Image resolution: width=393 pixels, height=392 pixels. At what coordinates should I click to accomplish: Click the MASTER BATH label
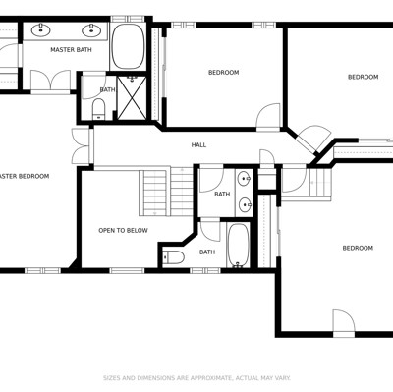coord(71,50)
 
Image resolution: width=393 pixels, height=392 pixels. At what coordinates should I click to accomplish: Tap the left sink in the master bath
coord(41,30)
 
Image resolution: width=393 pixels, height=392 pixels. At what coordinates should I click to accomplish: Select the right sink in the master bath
coord(91,30)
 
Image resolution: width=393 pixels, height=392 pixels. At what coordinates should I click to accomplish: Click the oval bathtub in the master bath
coord(128,46)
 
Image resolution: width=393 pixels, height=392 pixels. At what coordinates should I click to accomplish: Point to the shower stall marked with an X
coord(132,97)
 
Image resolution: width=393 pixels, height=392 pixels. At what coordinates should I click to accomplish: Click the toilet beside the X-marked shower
coord(98,109)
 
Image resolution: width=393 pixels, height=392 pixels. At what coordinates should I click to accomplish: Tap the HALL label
coord(198,145)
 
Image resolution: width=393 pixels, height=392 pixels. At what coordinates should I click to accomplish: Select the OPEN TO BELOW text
coord(123,231)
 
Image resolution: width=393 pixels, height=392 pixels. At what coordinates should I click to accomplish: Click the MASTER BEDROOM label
coord(25,176)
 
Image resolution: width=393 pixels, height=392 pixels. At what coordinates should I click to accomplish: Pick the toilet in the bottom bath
coord(174,257)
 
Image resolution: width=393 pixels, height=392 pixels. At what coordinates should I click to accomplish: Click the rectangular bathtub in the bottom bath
coord(238,245)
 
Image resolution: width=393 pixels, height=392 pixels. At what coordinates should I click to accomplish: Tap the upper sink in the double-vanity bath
coord(244,179)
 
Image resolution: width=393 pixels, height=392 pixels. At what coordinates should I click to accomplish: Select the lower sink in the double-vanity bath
coord(245,205)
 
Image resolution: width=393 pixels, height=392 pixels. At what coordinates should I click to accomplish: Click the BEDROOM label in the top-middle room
coord(224,73)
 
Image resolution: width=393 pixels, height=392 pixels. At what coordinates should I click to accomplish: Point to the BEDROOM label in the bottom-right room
coord(358,248)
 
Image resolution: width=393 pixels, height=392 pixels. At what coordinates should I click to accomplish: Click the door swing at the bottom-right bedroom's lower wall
coord(344,321)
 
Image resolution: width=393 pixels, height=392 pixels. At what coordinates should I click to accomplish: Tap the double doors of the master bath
coord(50,80)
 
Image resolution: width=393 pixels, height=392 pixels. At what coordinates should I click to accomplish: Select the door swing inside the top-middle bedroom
coord(268,116)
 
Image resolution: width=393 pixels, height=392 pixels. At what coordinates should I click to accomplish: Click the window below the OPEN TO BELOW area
coord(127,270)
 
